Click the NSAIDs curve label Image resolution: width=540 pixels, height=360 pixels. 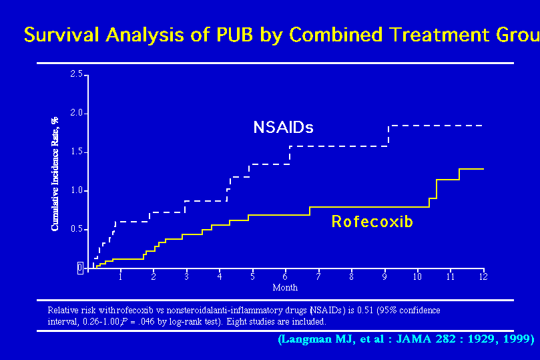283,127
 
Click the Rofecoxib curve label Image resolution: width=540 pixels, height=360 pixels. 372,221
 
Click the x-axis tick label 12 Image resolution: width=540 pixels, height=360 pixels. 483,277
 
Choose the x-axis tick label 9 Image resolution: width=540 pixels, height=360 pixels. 384,277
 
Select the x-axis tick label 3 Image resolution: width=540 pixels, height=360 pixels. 186,277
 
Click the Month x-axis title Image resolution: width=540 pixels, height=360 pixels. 285,288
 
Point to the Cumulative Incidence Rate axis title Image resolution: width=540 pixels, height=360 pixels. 55,173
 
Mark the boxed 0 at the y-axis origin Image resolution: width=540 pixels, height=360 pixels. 79,268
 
